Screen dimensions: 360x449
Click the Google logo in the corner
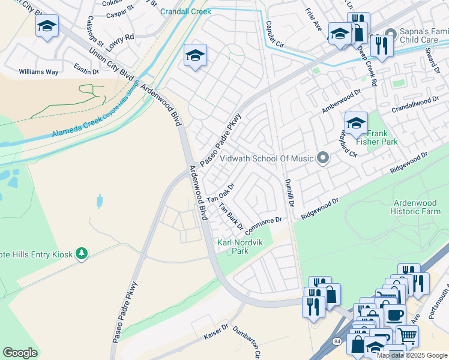(20, 353)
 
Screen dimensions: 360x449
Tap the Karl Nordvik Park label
(241, 247)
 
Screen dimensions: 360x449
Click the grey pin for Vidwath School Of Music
(323, 158)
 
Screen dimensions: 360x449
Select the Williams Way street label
(38, 72)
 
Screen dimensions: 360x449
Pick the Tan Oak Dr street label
(220, 191)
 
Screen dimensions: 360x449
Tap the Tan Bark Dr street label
(231, 217)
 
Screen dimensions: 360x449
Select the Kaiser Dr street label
(216, 332)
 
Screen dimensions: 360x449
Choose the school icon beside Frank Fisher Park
(356, 123)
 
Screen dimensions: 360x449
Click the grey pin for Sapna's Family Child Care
(391, 32)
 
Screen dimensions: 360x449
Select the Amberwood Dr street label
(341, 101)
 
